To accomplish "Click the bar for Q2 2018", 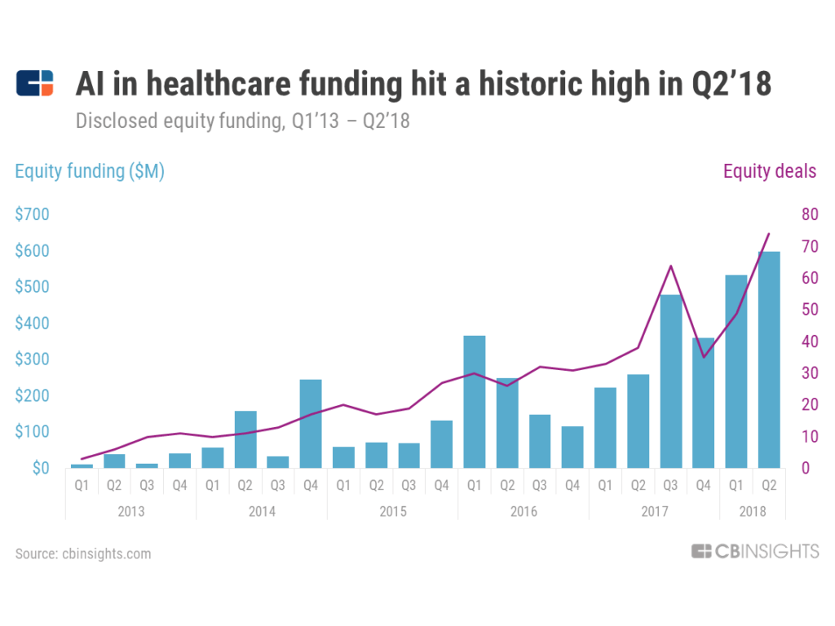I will (x=768, y=359).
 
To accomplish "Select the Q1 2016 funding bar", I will (x=474, y=402).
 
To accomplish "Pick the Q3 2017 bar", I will (x=670, y=381).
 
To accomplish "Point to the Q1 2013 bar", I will (x=82, y=466).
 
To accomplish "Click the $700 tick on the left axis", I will (x=33, y=215).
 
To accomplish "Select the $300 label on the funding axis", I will (x=33, y=359).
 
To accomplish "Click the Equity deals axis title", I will (x=769, y=171).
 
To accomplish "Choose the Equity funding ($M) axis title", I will (x=90, y=171).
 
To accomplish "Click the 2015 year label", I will (x=392, y=512).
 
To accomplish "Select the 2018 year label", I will (x=752, y=512).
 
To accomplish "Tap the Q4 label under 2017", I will (x=703, y=486).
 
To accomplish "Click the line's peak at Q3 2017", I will (x=670, y=266).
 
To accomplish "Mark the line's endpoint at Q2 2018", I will (x=768, y=234).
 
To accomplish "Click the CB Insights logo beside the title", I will (x=34, y=84).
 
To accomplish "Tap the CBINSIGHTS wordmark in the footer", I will (x=755, y=552).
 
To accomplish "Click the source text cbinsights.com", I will (x=83, y=553).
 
